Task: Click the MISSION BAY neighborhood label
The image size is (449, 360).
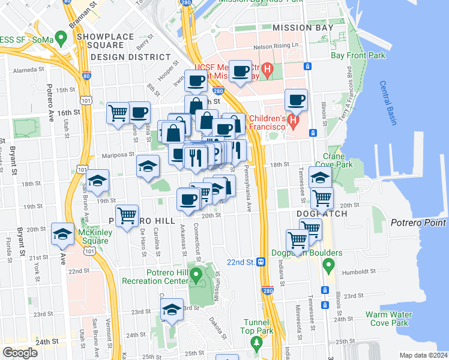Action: point(303,28)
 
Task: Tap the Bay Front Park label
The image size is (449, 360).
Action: point(358,55)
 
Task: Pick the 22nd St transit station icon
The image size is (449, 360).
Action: point(261,262)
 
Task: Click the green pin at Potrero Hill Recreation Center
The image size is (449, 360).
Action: point(196,275)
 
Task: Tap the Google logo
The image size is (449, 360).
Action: point(20,353)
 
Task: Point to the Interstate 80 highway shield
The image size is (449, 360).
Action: point(88,76)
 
